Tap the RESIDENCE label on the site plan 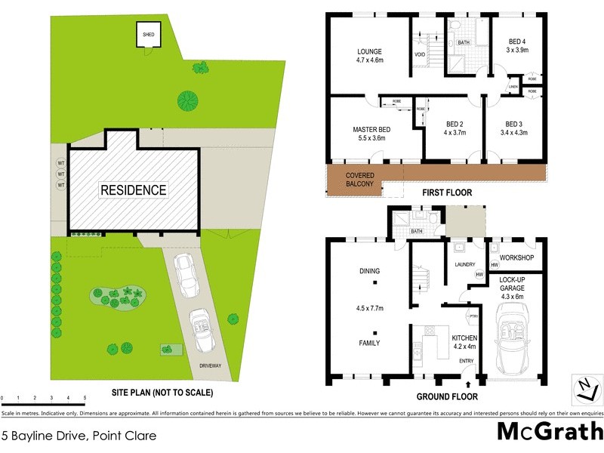point(134,190)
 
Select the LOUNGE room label point(370,53)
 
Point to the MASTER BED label point(370,130)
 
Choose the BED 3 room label point(514,124)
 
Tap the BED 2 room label point(454,124)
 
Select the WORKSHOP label point(517,258)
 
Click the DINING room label point(369,271)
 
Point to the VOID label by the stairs point(421,55)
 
